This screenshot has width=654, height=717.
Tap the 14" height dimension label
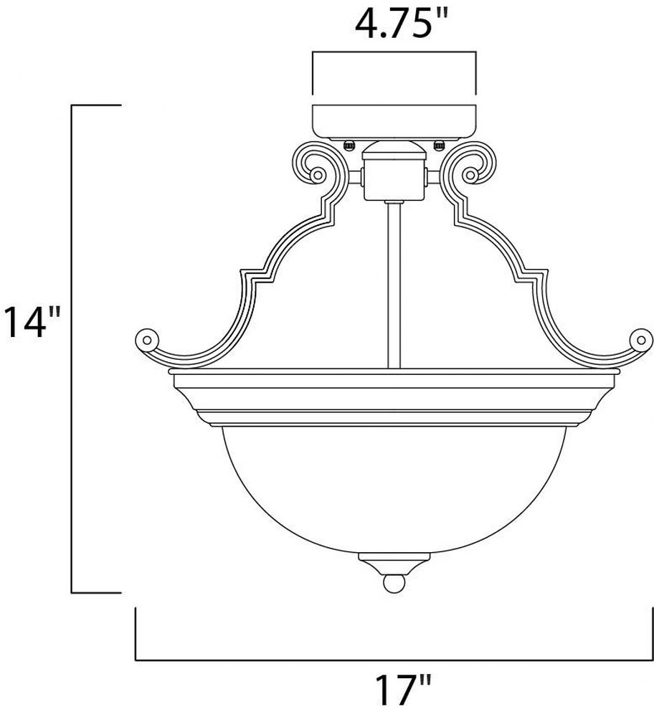click(x=33, y=323)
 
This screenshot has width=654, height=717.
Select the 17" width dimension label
click(x=403, y=690)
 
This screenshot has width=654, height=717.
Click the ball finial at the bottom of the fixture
click(x=394, y=584)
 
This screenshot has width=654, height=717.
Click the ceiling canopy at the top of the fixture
click(x=394, y=121)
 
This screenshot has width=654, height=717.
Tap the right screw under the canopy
click(x=439, y=145)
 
